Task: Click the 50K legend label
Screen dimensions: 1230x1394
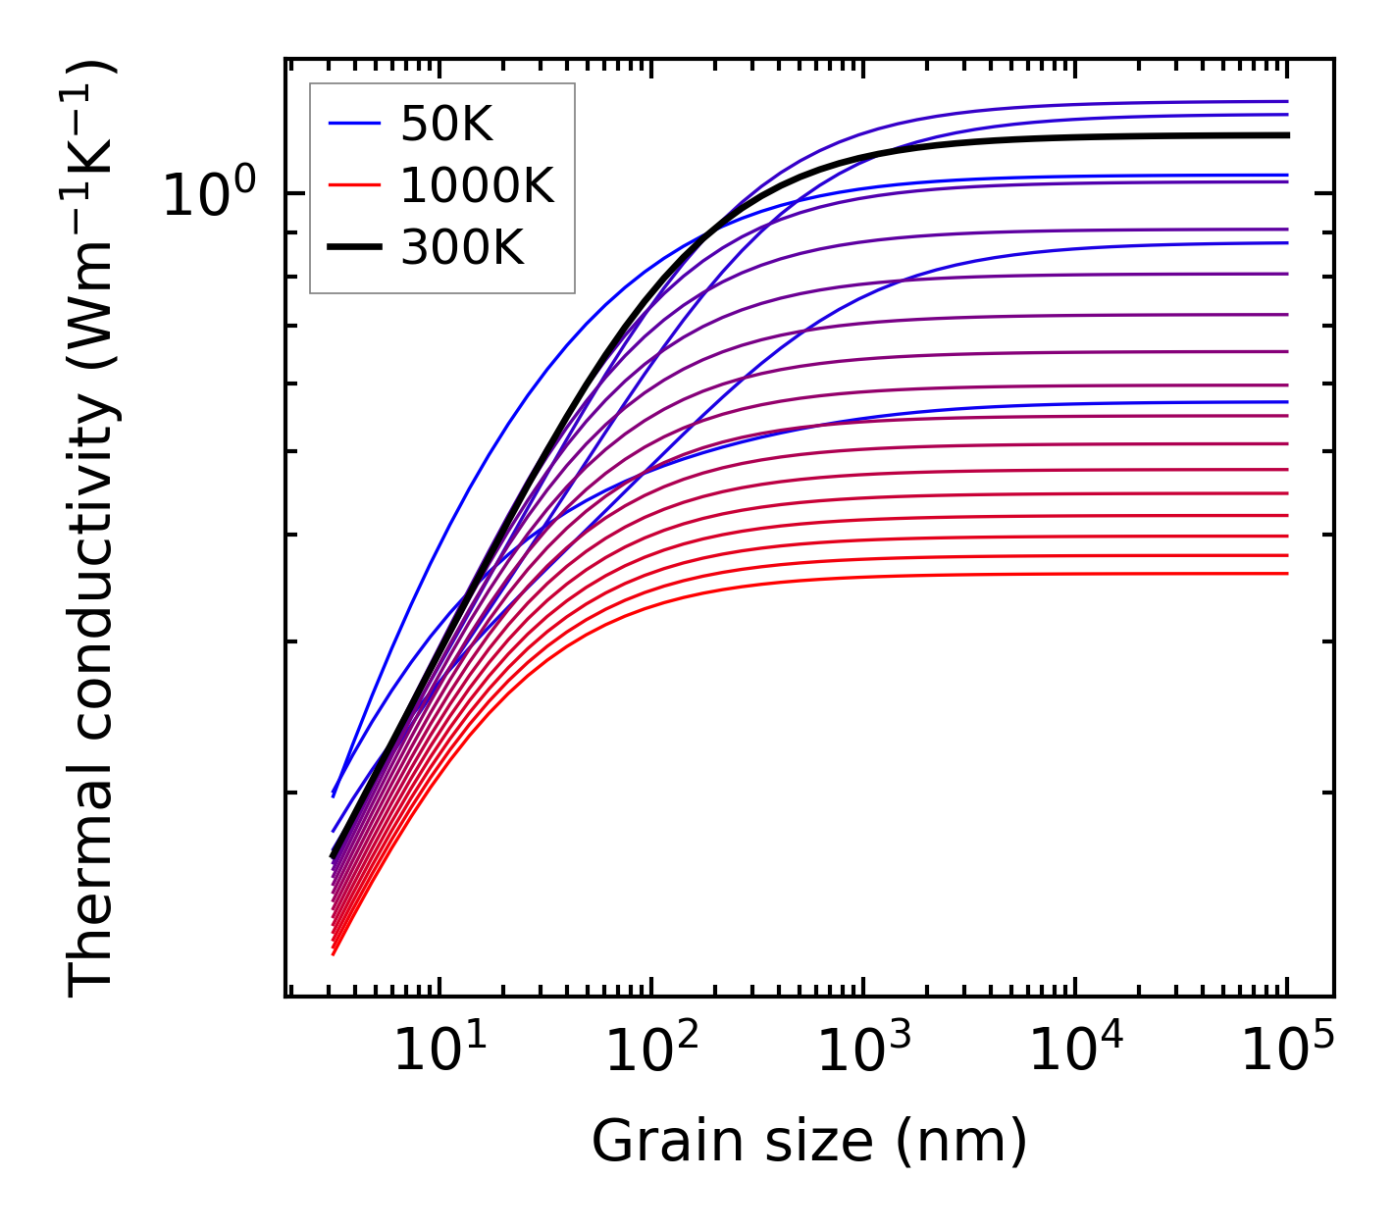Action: (446, 125)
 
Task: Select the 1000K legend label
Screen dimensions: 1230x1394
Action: (477, 186)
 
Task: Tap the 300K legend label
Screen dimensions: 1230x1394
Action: (462, 249)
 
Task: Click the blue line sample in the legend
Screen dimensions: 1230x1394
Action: (354, 124)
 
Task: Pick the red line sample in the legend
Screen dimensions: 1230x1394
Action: (354, 186)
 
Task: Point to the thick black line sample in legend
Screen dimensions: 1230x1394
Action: (354, 248)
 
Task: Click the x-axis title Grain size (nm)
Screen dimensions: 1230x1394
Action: (809, 1143)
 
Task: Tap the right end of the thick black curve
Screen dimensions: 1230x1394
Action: (1286, 135)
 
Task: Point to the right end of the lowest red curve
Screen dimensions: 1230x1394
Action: (1286, 574)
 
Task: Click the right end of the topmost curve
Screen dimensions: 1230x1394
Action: (1286, 101)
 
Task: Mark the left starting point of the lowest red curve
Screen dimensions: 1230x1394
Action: (334, 953)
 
